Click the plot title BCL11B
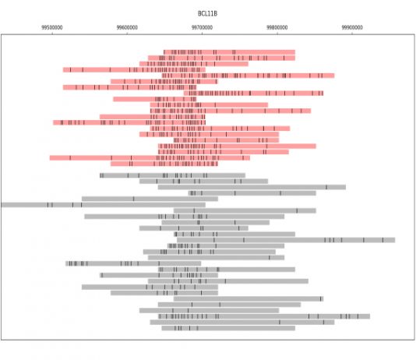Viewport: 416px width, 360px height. (207, 13)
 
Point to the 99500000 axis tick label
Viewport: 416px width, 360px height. (52, 27)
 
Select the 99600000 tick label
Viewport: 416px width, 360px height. (127, 27)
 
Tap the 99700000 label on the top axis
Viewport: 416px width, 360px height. (203, 27)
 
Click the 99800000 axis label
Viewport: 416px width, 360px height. (277, 27)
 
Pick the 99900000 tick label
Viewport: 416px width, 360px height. (352, 27)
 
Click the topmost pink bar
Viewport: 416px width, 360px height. (230, 52)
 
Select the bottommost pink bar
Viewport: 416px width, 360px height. (164, 164)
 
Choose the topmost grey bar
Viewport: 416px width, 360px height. (172, 175)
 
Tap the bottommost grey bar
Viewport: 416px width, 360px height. (228, 328)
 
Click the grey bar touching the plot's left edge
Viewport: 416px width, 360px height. (103, 205)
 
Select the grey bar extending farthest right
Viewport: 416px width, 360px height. (286, 240)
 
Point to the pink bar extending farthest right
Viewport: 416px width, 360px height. (248, 76)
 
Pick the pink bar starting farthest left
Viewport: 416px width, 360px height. (150, 158)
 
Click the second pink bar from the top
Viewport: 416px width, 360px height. (221, 58)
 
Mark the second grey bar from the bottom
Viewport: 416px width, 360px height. (242, 323)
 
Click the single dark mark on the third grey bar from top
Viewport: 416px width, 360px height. (326, 187)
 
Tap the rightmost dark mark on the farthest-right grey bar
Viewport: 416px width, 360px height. (383, 240)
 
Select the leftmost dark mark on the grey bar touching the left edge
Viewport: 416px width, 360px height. (48, 205)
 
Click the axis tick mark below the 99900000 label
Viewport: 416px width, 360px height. (352, 33)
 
